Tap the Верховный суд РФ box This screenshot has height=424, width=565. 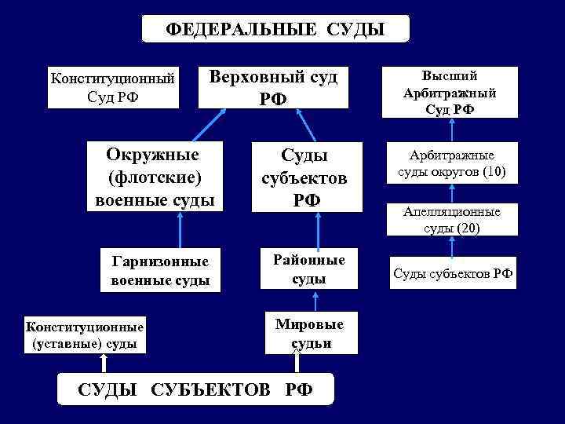click(x=273, y=86)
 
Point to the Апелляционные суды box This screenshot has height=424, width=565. click(x=451, y=220)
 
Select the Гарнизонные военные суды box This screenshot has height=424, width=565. click(x=160, y=270)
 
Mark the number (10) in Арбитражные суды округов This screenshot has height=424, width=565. click(x=492, y=171)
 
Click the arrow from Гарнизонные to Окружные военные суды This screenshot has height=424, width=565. click(x=180, y=229)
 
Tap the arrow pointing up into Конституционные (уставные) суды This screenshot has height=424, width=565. click(x=103, y=363)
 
